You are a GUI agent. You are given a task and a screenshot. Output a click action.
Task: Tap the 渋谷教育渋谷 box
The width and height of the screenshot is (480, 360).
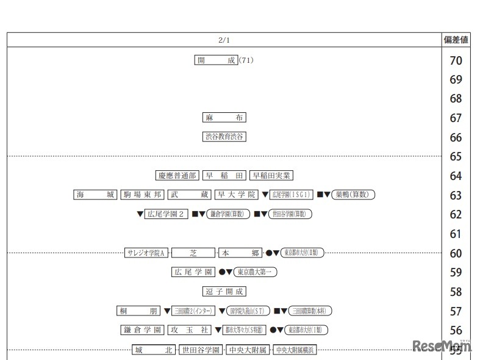point(224,137)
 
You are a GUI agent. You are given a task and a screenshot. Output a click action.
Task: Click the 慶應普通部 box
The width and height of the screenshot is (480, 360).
point(177,175)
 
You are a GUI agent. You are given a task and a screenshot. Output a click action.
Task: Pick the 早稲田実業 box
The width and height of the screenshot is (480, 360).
point(272,175)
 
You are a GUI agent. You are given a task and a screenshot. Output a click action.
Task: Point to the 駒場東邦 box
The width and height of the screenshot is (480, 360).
point(142,195)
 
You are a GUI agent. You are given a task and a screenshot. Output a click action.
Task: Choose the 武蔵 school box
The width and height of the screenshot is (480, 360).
point(188,195)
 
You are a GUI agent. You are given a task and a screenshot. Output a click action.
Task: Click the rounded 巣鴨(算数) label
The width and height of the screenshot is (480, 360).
point(354,195)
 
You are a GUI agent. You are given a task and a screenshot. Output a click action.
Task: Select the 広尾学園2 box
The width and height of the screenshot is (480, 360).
point(167,214)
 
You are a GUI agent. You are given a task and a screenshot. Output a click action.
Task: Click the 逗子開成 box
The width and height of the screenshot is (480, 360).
point(224,292)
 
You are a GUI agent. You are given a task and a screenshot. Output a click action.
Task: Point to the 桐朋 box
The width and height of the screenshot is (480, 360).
point(138,311)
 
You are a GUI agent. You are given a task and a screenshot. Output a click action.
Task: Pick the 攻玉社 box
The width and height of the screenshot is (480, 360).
point(189,330)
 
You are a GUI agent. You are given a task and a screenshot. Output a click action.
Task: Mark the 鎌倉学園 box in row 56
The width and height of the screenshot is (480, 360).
point(142,330)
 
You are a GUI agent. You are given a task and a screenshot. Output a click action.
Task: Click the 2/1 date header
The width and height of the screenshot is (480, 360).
point(224,40)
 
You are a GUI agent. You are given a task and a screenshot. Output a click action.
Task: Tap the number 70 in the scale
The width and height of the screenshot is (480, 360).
point(456,60)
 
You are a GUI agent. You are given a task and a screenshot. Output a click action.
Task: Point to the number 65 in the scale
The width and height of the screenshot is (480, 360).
point(456,157)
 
